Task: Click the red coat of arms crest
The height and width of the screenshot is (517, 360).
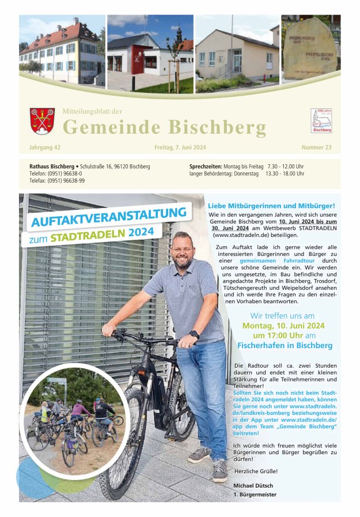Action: pyautogui.click(x=42, y=121)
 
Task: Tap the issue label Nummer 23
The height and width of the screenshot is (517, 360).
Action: pyautogui.click(x=316, y=148)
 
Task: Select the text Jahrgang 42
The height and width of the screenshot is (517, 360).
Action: pyautogui.click(x=44, y=148)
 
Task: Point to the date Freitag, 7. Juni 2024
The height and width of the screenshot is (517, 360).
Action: pyautogui.click(x=180, y=148)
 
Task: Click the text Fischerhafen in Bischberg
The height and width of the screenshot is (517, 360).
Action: pyautogui.click(x=285, y=345)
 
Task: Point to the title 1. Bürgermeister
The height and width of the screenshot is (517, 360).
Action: pyautogui.click(x=255, y=495)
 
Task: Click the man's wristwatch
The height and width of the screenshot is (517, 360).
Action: pyautogui.click(x=195, y=334)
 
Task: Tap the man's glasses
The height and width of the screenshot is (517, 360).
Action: pyautogui.click(x=182, y=249)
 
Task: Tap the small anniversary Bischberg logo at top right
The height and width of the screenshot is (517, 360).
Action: pyautogui.click(x=321, y=121)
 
